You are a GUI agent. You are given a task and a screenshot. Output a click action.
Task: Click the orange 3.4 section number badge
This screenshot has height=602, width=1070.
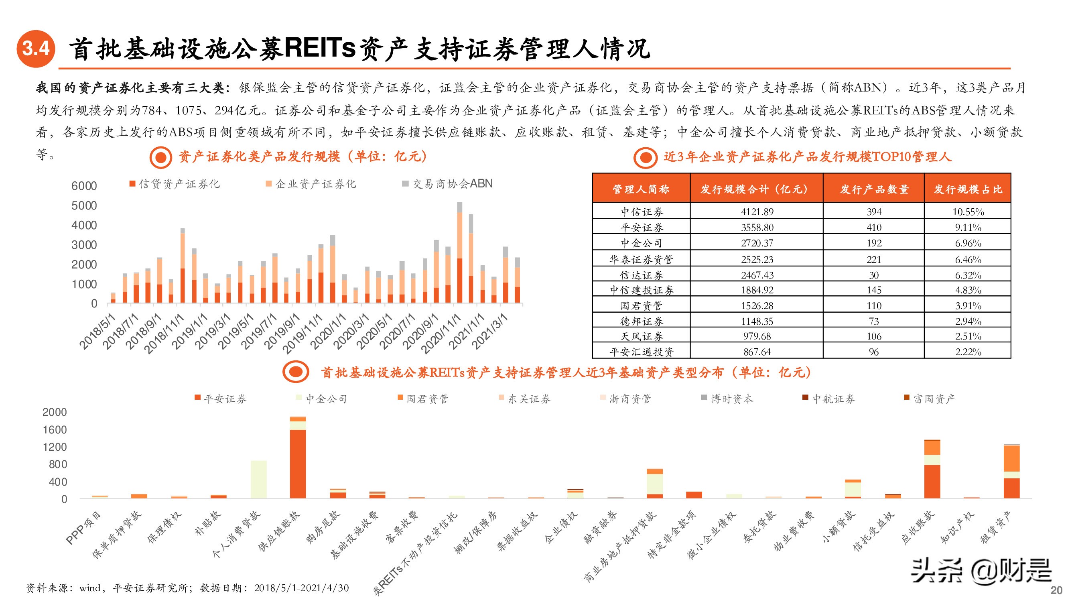coord(36,49)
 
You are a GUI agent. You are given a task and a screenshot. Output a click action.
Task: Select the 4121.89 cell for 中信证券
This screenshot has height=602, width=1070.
coord(757,212)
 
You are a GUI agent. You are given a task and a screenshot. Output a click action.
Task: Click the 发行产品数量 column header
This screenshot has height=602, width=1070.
coord(874,189)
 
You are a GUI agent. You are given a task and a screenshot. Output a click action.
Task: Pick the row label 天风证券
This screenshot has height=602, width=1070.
coord(642,337)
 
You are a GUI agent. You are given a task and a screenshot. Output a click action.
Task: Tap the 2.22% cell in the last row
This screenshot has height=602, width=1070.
coord(968,352)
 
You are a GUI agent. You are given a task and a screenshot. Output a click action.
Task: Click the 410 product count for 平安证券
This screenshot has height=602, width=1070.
coord(874,227)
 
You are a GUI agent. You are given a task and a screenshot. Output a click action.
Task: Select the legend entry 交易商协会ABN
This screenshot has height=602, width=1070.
coord(448,184)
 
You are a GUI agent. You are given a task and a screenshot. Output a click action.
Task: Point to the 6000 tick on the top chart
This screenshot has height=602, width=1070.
coord(84,186)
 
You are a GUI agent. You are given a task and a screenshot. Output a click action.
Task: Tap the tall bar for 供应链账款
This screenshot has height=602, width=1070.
coord(298,461)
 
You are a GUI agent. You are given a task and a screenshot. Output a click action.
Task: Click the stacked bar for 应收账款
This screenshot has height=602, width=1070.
coord(932,470)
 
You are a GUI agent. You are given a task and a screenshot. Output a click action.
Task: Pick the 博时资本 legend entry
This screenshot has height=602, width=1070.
coord(727,399)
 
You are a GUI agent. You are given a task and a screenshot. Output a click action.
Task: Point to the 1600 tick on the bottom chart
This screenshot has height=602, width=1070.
coord(55,429)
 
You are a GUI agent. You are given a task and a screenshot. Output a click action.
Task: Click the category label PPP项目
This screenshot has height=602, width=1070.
coord(83,528)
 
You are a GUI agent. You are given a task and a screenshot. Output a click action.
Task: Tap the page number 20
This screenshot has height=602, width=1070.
coord(1056,590)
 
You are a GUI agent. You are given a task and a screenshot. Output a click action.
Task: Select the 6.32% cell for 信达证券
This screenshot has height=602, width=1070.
coord(968,275)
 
